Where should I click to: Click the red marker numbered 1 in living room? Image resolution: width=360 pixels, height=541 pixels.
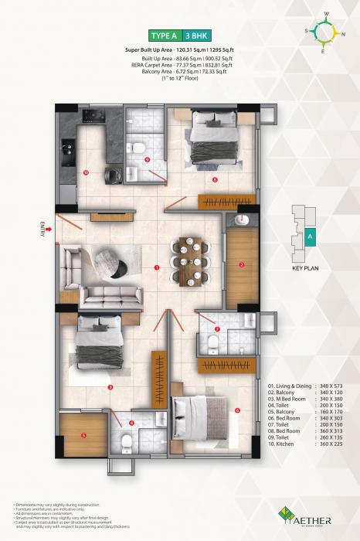click(x=157, y=267)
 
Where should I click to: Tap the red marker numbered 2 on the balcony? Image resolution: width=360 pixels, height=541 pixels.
click(x=241, y=265)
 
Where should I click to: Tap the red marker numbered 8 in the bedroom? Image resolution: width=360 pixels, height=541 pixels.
click(x=215, y=180)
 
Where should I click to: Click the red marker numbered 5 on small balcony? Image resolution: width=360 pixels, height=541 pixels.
click(x=83, y=434)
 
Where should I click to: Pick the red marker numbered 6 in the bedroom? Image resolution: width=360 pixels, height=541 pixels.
click(x=237, y=410)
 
